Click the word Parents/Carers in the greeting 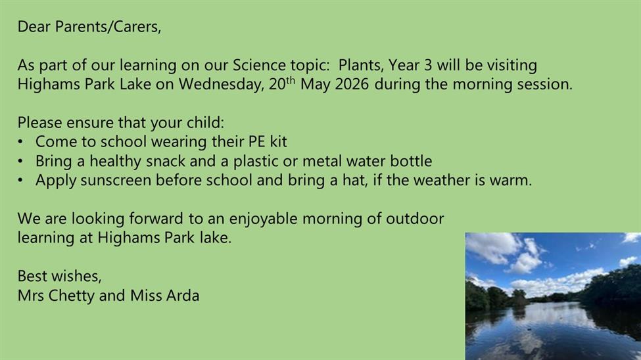108,27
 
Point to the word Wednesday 221,84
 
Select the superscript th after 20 290,80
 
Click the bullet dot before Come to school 20,142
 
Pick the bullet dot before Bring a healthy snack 20,162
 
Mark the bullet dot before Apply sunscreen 20,181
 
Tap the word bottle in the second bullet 411,161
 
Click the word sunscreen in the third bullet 116,180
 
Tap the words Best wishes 59,277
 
